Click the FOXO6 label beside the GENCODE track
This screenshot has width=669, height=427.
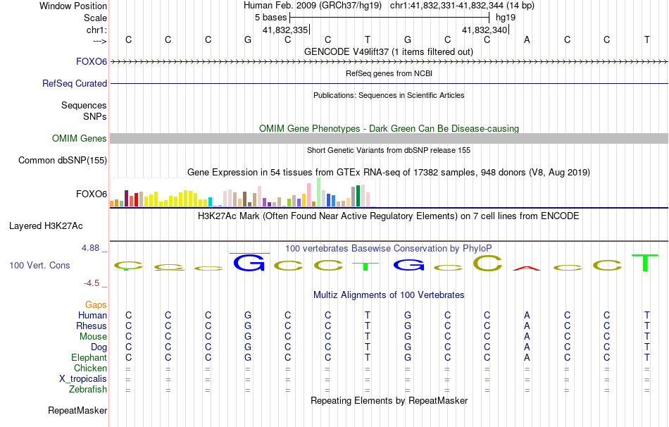[92, 61]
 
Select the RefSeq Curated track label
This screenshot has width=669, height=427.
[75, 83]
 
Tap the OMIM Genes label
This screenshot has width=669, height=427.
[79, 139]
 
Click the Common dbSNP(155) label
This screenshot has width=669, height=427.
[62, 161]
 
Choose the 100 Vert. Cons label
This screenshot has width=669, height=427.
[39, 266]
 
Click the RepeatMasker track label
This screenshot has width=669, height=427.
[77, 410]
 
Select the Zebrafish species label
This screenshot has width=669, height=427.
[88, 389]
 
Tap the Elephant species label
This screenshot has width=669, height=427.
[89, 357]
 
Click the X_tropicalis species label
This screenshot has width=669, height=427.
[83, 378]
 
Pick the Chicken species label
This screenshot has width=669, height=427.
[90, 368]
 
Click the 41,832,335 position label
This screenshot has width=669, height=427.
[285, 30]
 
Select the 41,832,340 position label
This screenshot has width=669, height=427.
[484, 30]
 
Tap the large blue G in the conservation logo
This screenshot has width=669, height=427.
[249, 263]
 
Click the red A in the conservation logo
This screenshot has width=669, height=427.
[527, 268]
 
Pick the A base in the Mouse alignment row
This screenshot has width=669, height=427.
[527, 336]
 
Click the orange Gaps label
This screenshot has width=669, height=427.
[96, 304]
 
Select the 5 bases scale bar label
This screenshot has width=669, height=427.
[270, 17]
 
